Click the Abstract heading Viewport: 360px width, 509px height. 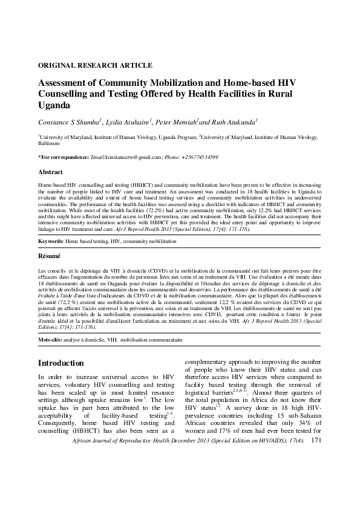tap(50, 172)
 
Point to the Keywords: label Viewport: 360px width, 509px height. tap(51, 241)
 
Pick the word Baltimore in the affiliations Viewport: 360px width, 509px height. tap(49, 144)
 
